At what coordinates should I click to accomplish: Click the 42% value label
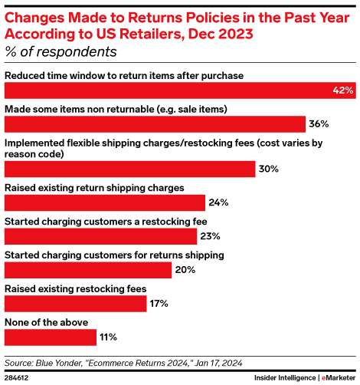pyautogui.click(x=342, y=90)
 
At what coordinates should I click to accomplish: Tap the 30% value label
pyautogui.click(x=267, y=169)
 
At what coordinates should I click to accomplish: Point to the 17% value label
pyautogui.click(x=158, y=303)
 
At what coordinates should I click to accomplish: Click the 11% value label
pyautogui.click(x=107, y=337)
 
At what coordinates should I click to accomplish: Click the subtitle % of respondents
pyautogui.click(x=61, y=52)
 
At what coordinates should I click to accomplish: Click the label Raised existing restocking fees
pyautogui.click(x=75, y=288)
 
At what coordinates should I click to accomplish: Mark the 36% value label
pyautogui.click(x=318, y=124)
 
